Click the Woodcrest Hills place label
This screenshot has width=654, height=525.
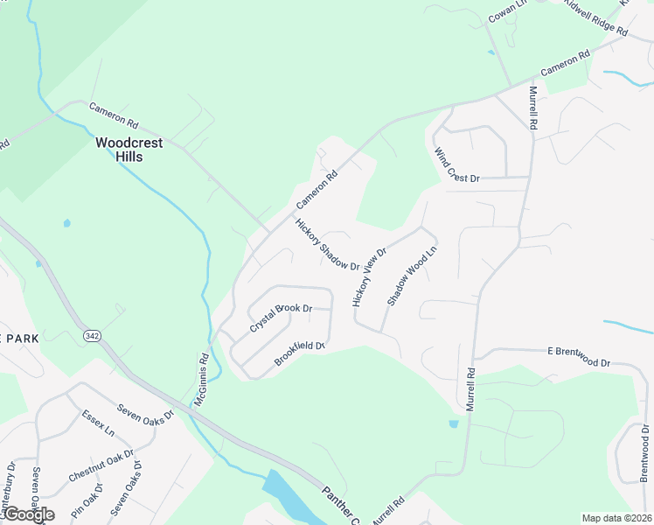click(x=130, y=149)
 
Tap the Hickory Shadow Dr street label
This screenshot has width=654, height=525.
click(x=328, y=244)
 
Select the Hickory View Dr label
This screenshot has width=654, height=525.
click(x=369, y=276)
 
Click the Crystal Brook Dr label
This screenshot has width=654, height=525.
click(x=281, y=318)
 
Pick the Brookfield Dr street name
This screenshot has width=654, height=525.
click(x=300, y=353)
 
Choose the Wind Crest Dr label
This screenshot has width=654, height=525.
click(x=456, y=164)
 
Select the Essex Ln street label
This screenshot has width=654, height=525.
click(x=98, y=423)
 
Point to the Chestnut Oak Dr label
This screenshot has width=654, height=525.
click(x=101, y=466)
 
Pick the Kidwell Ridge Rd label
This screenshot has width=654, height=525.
click(x=596, y=17)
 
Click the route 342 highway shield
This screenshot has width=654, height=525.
click(x=91, y=336)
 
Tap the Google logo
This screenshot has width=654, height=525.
click(x=28, y=514)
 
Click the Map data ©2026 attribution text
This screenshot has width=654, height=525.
click(x=616, y=518)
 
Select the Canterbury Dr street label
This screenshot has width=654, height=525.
click(x=10, y=486)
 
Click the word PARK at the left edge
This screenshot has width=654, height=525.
click(x=17, y=339)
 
